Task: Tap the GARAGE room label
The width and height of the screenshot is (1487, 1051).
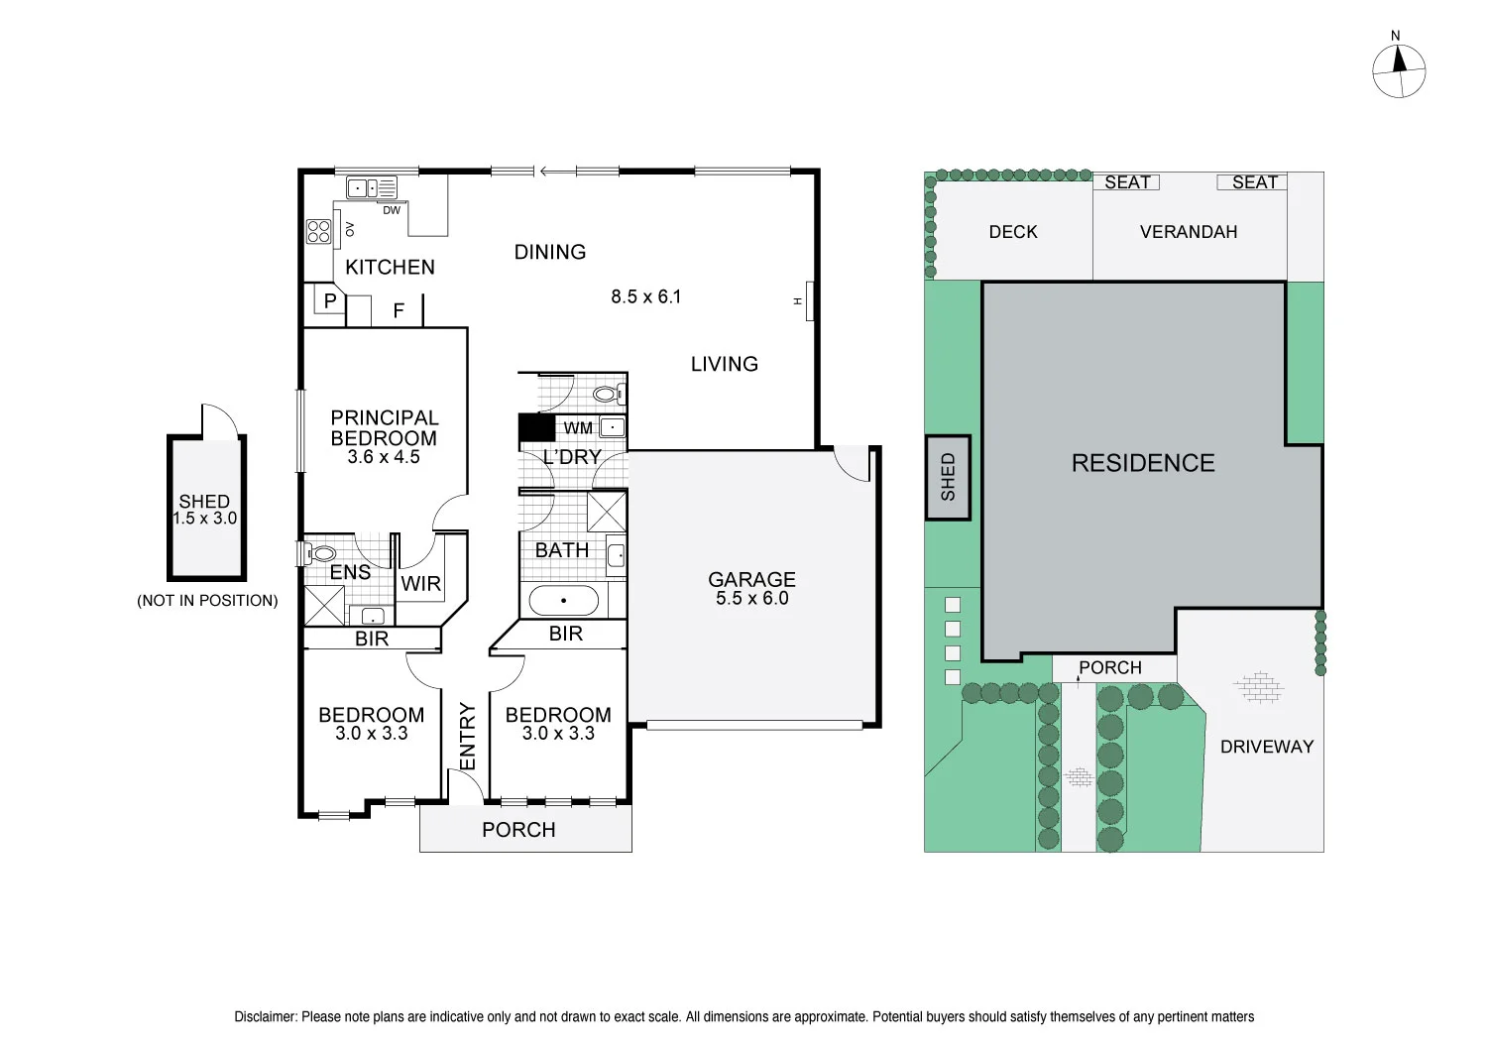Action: (751, 580)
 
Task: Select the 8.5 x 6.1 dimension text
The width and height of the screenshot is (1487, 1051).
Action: (645, 296)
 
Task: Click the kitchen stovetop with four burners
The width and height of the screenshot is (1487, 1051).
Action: (319, 231)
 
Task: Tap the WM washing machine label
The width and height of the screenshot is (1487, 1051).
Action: (577, 428)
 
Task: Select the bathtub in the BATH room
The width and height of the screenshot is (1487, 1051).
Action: (563, 600)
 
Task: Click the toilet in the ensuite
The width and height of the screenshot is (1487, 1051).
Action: (322, 554)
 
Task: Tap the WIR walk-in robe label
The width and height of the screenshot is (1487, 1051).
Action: (420, 583)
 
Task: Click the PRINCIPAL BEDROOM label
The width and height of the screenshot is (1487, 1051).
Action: (384, 428)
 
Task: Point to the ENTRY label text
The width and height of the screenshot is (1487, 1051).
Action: (468, 736)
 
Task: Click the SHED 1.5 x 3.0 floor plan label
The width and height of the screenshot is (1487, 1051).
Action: (204, 510)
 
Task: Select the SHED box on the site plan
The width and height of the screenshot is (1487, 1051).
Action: (948, 477)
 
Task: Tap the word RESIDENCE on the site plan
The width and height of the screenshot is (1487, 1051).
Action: (1143, 463)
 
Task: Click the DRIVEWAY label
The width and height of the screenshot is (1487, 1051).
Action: (1266, 747)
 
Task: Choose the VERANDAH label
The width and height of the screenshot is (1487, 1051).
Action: (1189, 232)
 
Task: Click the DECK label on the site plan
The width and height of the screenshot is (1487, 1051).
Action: (1013, 232)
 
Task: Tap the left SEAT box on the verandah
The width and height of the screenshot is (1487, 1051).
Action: (1126, 181)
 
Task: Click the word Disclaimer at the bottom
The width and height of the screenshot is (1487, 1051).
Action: (265, 1016)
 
